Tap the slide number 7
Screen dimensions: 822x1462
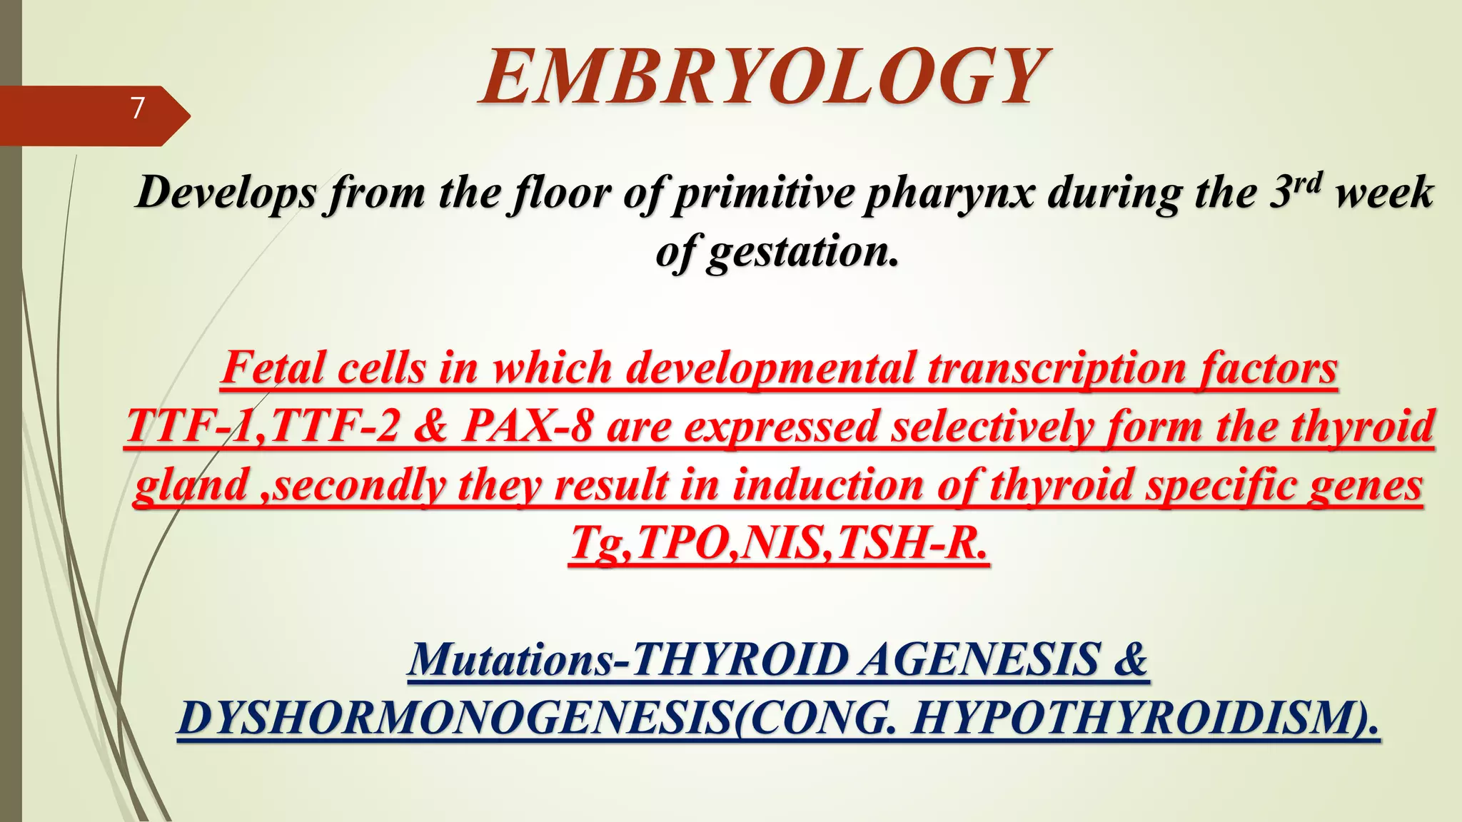(x=137, y=108)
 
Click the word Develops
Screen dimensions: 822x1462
(x=225, y=193)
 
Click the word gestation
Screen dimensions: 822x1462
(x=801, y=252)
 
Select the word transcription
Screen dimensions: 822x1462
(x=1057, y=368)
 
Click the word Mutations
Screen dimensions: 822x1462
(x=510, y=659)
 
